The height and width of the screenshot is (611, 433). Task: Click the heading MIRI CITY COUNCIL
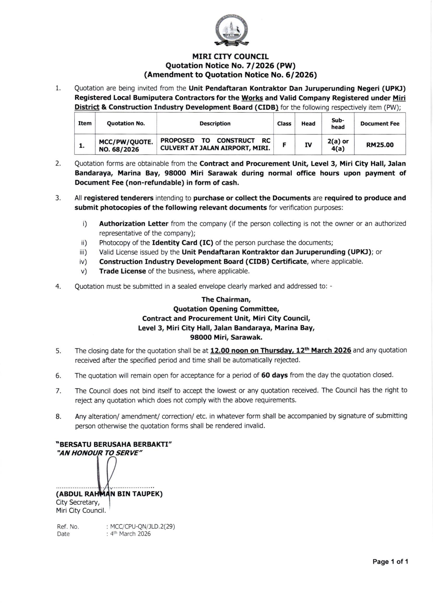click(x=230, y=57)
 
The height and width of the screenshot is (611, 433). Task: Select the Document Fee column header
click(x=380, y=123)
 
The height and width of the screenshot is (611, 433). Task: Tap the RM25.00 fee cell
click(x=380, y=145)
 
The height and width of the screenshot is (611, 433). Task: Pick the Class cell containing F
click(x=284, y=145)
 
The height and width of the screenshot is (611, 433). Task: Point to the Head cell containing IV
click(x=308, y=145)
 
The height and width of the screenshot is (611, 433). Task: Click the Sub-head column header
click(x=338, y=123)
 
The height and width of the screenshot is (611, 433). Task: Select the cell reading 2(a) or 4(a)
click(x=338, y=145)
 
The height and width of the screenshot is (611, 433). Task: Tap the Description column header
click(x=215, y=123)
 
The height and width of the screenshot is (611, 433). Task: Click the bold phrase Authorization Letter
click(x=134, y=223)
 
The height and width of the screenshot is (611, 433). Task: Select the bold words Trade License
click(x=122, y=271)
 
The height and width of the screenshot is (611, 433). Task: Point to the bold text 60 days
click(x=274, y=375)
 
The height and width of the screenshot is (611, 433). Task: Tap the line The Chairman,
click(x=226, y=299)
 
